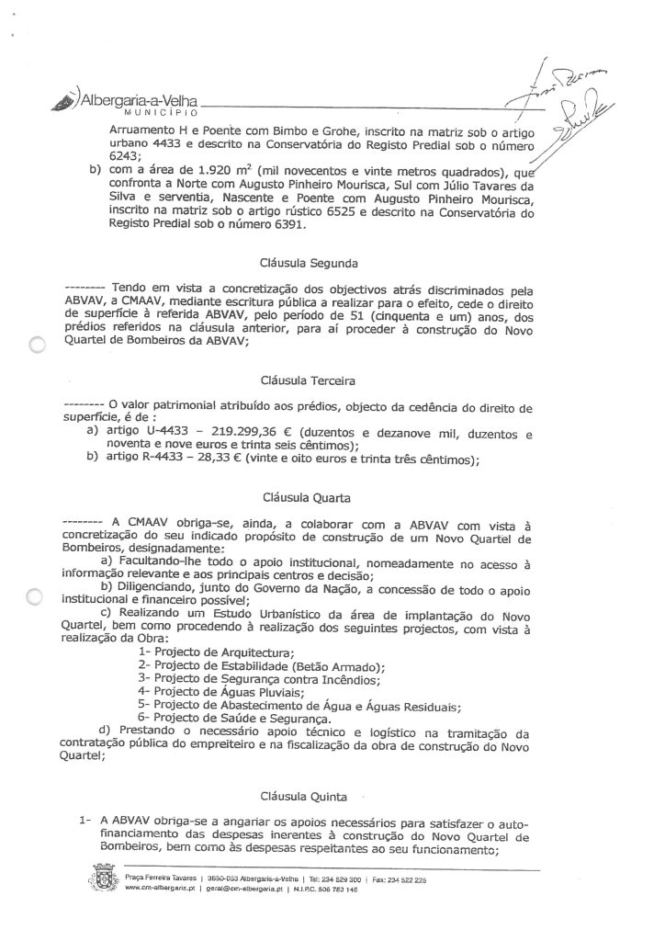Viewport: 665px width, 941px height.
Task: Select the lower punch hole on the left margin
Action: click(36, 598)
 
